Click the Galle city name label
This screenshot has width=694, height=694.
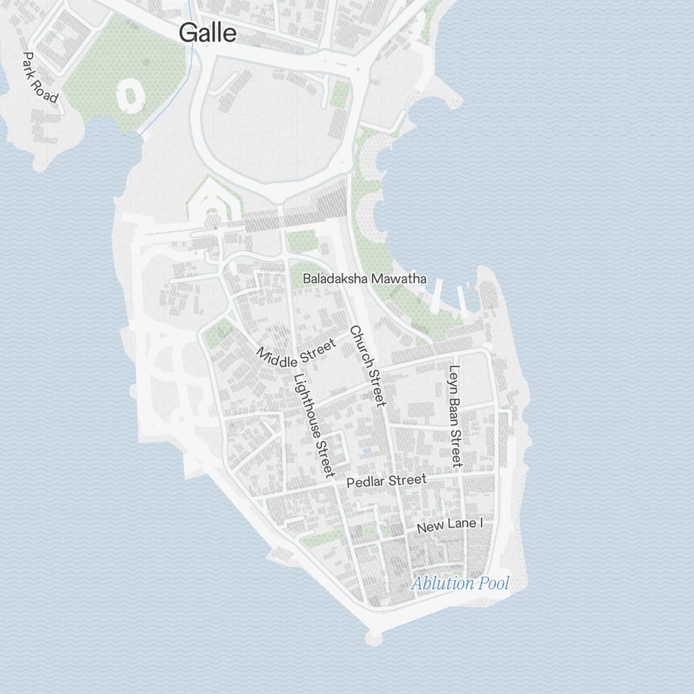[x=208, y=33]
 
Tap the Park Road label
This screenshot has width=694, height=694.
[x=40, y=77]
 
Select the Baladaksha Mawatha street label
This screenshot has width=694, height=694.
[x=364, y=279]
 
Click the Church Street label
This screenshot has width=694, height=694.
[x=367, y=366]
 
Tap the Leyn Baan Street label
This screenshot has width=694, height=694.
[x=455, y=416]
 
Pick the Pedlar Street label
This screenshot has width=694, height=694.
[x=386, y=481]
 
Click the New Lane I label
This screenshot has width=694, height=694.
[x=449, y=526]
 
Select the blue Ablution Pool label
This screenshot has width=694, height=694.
[x=460, y=584]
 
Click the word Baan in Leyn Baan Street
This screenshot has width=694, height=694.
[x=455, y=412]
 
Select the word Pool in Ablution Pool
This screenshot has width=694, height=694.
[x=494, y=584]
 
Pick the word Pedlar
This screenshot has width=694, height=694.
[x=366, y=482]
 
